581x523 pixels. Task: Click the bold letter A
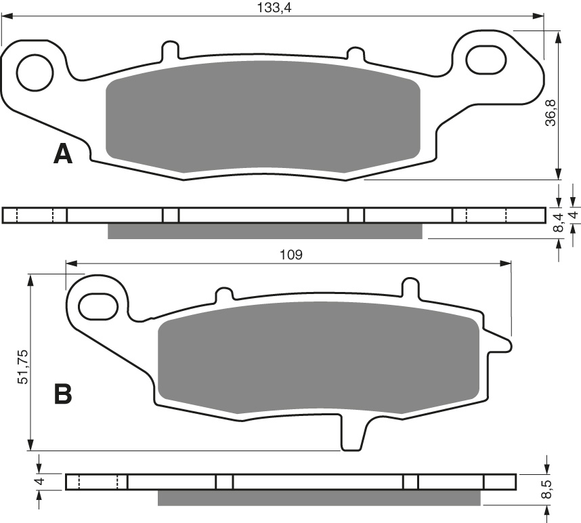point(62,154)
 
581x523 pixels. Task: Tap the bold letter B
point(62,394)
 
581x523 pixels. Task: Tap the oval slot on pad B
point(98,306)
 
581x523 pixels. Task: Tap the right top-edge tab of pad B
point(410,287)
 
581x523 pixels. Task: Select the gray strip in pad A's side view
point(265,231)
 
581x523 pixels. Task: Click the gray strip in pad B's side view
point(318,498)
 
